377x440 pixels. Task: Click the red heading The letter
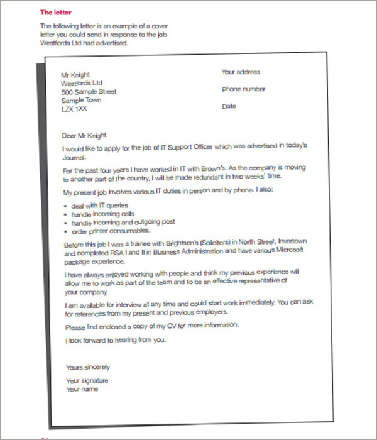(x=56, y=12)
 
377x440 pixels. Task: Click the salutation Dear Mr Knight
(x=84, y=135)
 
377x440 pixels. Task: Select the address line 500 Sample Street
(x=89, y=92)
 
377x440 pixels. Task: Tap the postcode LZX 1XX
(x=74, y=109)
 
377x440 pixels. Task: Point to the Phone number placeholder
(x=243, y=89)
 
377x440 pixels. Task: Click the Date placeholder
(x=229, y=106)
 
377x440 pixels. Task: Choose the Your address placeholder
(x=241, y=72)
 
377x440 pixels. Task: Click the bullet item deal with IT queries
(x=99, y=206)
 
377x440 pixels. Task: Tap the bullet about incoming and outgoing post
(x=123, y=222)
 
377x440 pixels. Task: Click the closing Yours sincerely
(x=88, y=367)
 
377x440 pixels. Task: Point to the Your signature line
(x=87, y=381)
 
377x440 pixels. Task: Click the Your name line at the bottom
(x=82, y=389)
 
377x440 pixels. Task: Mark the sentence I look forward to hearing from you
(x=116, y=341)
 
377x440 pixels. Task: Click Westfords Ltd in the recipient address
(x=82, y=83)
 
